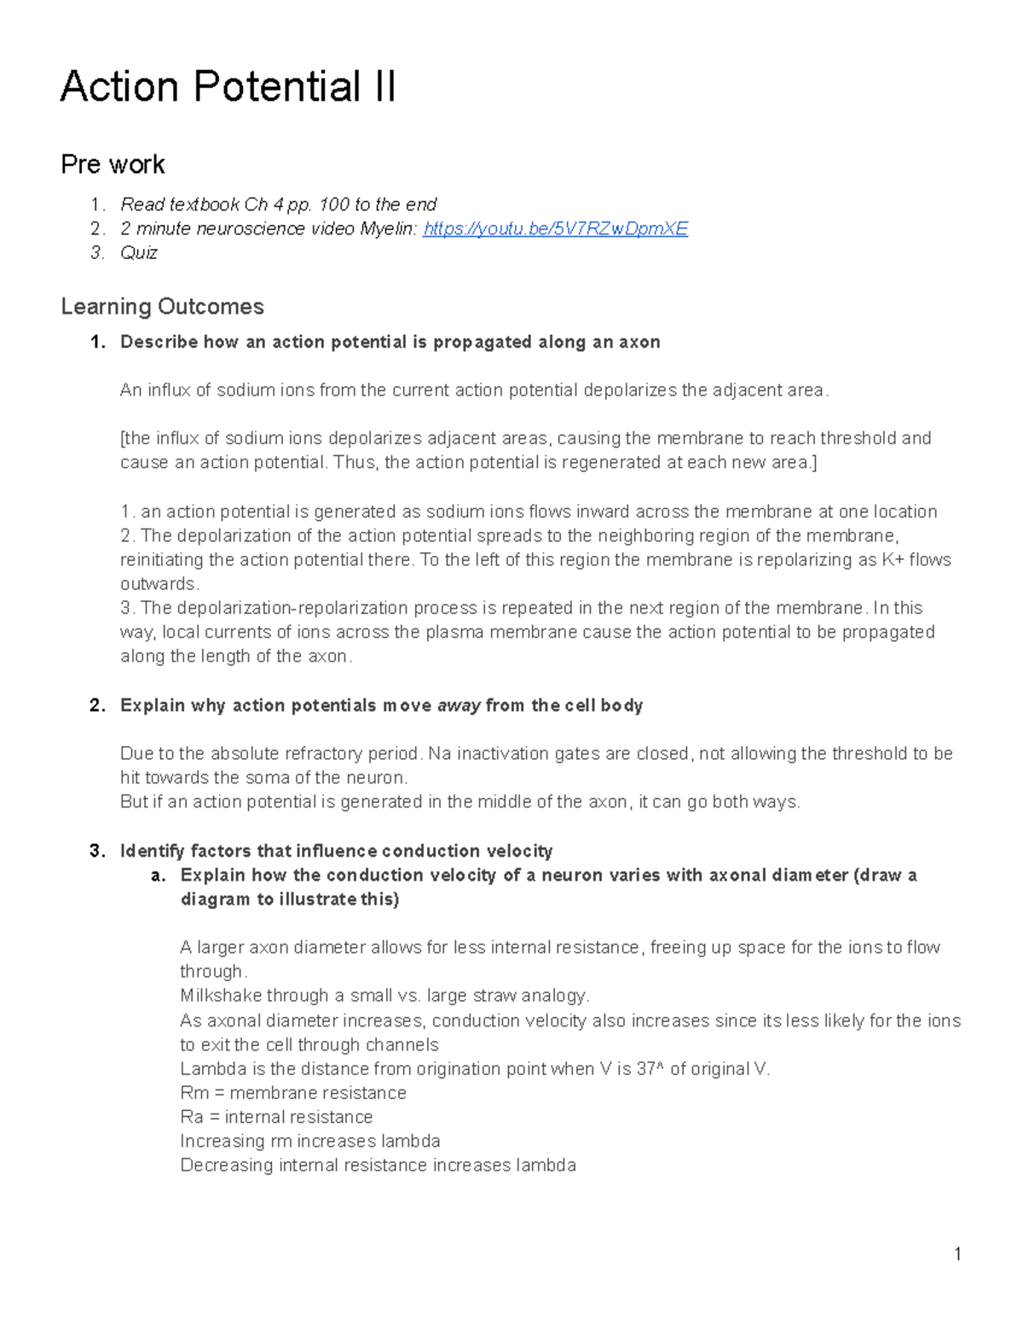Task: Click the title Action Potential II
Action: (228, 87)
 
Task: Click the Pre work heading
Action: (113, 164)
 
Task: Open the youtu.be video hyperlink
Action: (555, 228)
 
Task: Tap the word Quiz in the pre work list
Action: (139, 252)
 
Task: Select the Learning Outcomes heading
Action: (162, 306)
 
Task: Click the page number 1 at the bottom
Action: (958, 1253)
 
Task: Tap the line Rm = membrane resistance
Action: (293, 1093)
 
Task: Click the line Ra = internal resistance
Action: (276, 1117)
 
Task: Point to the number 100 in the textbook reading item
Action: (334, 205)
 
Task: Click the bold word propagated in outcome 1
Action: (482, 342)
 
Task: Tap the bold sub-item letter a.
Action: (156, 876)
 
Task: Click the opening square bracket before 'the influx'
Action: (123, 438)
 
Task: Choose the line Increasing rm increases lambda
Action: (310, 1141)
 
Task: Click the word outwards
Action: (159, 584)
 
